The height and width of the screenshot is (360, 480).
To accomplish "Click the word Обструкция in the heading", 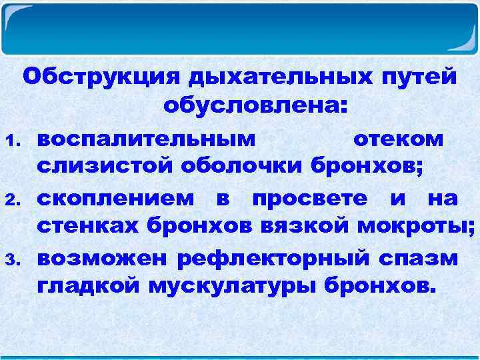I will click(x=101, y=78).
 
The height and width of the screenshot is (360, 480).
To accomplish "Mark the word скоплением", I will click(x=116, y=199).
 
